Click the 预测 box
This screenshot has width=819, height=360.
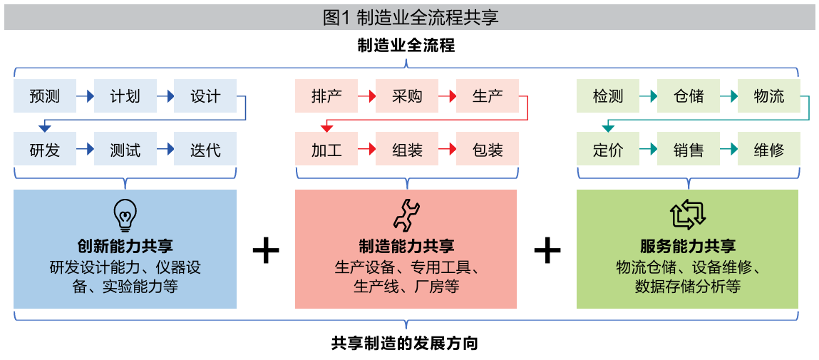pyautogui.click(x=45, y=96)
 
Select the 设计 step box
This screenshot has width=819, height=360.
pyautogui.click(x=205, y=96)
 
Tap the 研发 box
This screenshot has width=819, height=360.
pyautogui.click(x=45, y=150)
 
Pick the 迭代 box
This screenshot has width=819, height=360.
pyautogui.click(x=205, y=150)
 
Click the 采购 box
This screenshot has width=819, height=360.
pyautogui.click(x=407, y=96)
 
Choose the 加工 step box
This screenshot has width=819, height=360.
pyautogui.click(x=326, y=150)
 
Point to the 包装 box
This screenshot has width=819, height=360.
pyautogui.click(x=488, y=150)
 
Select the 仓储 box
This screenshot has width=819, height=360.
pyautogui.click(x=689, y=96)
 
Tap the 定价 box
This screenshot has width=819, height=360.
pyautogui.click(x=608, y=150)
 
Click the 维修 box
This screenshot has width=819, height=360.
pyautogui.click(x=768, y=150)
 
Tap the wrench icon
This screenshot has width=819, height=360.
pyautogui.click(x=406, y=214)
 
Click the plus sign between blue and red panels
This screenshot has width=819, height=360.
pyautogui.click(x=266, y=251)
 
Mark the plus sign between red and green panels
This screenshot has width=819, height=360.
pyautogui.click(x=547, y=251)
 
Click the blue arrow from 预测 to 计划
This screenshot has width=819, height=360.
pyautogui.click(x=86, y=96)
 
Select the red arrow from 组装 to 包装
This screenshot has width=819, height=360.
pyautogui.click(x=447, y=150)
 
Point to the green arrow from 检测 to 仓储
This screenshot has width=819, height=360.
pyautogui.click(x=648, y=96)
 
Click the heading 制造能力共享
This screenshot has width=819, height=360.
pyautogui.click(x=406, y=247)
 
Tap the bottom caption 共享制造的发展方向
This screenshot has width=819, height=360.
pyautogui.click(x=404, y=343)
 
